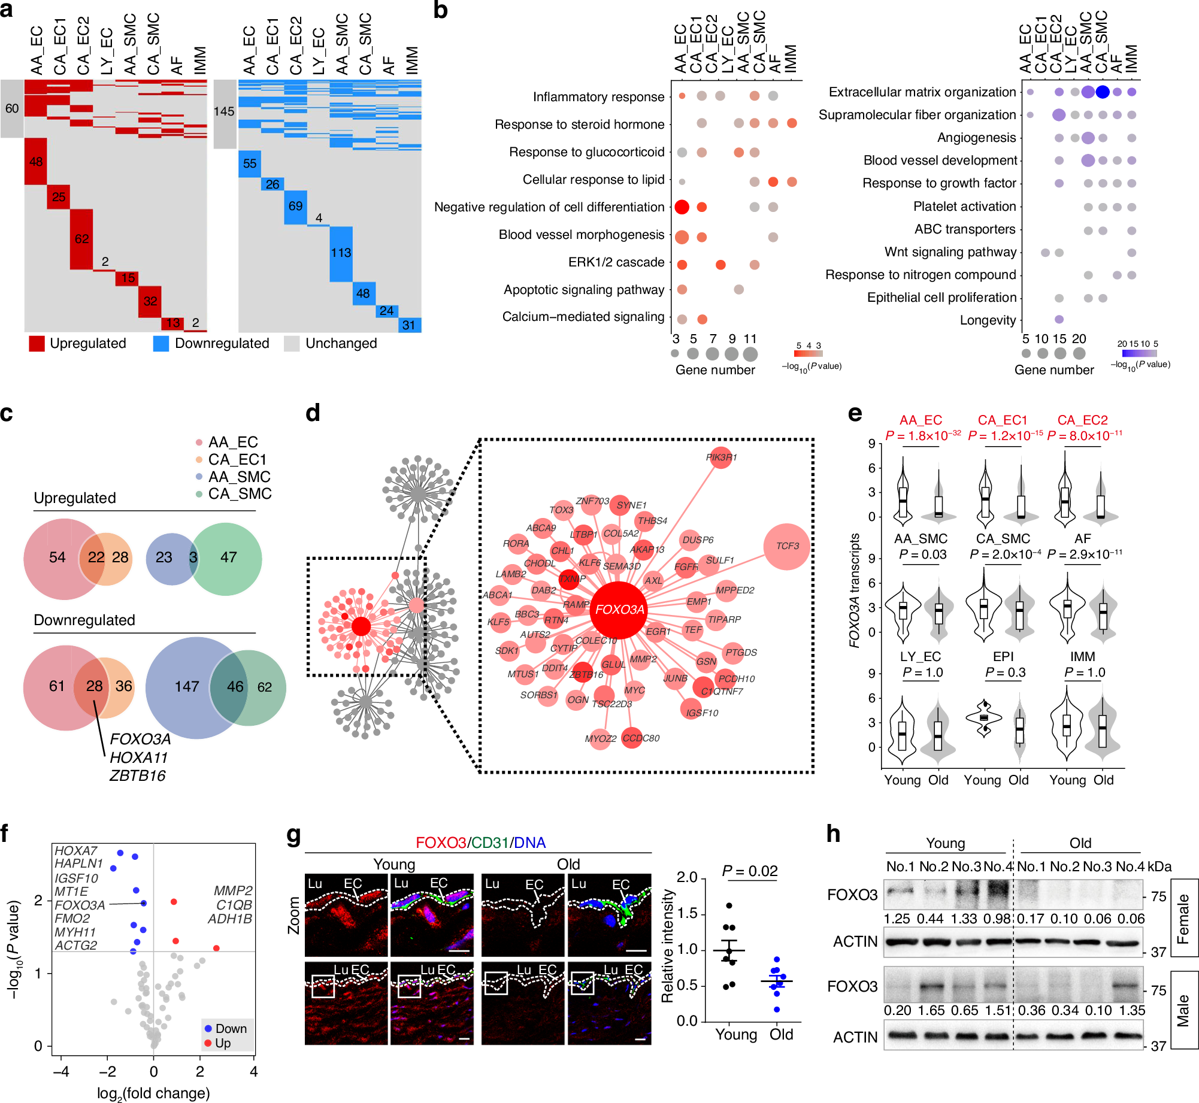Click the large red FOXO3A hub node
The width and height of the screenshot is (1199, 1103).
coord(619,610)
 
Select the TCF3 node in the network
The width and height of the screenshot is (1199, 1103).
coord(787,546)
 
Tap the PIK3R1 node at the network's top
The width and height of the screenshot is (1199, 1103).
coord(721,457)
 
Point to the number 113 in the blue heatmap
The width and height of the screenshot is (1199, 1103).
coord(341,253)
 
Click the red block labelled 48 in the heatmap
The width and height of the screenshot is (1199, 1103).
coord(36,162)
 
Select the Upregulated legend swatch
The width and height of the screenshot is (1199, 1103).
coord(37,344)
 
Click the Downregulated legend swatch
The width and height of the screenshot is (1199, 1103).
coord(161,344)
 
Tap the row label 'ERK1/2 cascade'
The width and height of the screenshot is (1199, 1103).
coord(616,262)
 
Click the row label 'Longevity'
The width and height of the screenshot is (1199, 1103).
coord(988,320)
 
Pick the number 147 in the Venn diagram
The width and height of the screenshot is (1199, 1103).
coord(187,686)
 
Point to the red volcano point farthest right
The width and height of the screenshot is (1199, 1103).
coord(216,948)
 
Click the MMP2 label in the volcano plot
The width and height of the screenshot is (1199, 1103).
coord(233,890)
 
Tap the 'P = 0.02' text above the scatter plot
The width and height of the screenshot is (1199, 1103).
coord(750,871)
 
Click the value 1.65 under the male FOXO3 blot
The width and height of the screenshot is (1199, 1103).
coord(931,1010)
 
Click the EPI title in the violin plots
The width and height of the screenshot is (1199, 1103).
coord(1003,657)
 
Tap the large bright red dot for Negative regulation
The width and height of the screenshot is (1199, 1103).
coord(682,207)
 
